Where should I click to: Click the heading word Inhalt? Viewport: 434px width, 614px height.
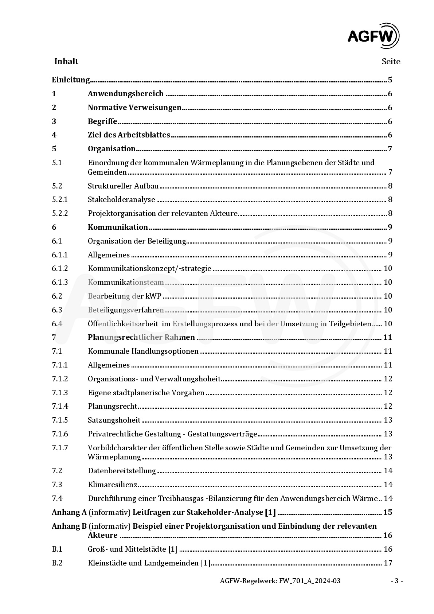pos(66,61)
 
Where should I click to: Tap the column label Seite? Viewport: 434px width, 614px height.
pos(391,62)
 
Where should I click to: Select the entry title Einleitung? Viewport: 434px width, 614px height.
pos(71,80)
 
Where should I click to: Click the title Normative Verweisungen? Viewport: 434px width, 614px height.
pos(134,108)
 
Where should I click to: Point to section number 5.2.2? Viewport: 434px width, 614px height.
pos(60,213)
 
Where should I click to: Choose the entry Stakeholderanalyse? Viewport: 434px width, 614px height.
pos(121,199)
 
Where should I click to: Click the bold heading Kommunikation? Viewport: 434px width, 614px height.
pos(118,227)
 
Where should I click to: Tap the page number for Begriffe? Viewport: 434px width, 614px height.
pos(390,121)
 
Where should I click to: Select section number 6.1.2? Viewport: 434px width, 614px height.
pos(60,268)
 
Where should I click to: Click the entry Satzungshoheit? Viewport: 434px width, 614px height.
pos(114,420)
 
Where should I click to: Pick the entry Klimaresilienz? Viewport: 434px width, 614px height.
pos(113,485)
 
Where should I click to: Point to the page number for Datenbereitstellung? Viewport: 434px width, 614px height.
pos(388,471)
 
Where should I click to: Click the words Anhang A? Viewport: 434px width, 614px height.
pos(69,512)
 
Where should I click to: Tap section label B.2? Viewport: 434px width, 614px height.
pos(57,563)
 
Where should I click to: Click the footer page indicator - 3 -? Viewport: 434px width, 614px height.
pos(396,581)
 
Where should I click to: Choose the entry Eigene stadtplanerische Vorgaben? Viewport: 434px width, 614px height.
pos(146,393)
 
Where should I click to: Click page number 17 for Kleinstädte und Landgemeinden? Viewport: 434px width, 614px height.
pos(388,563)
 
